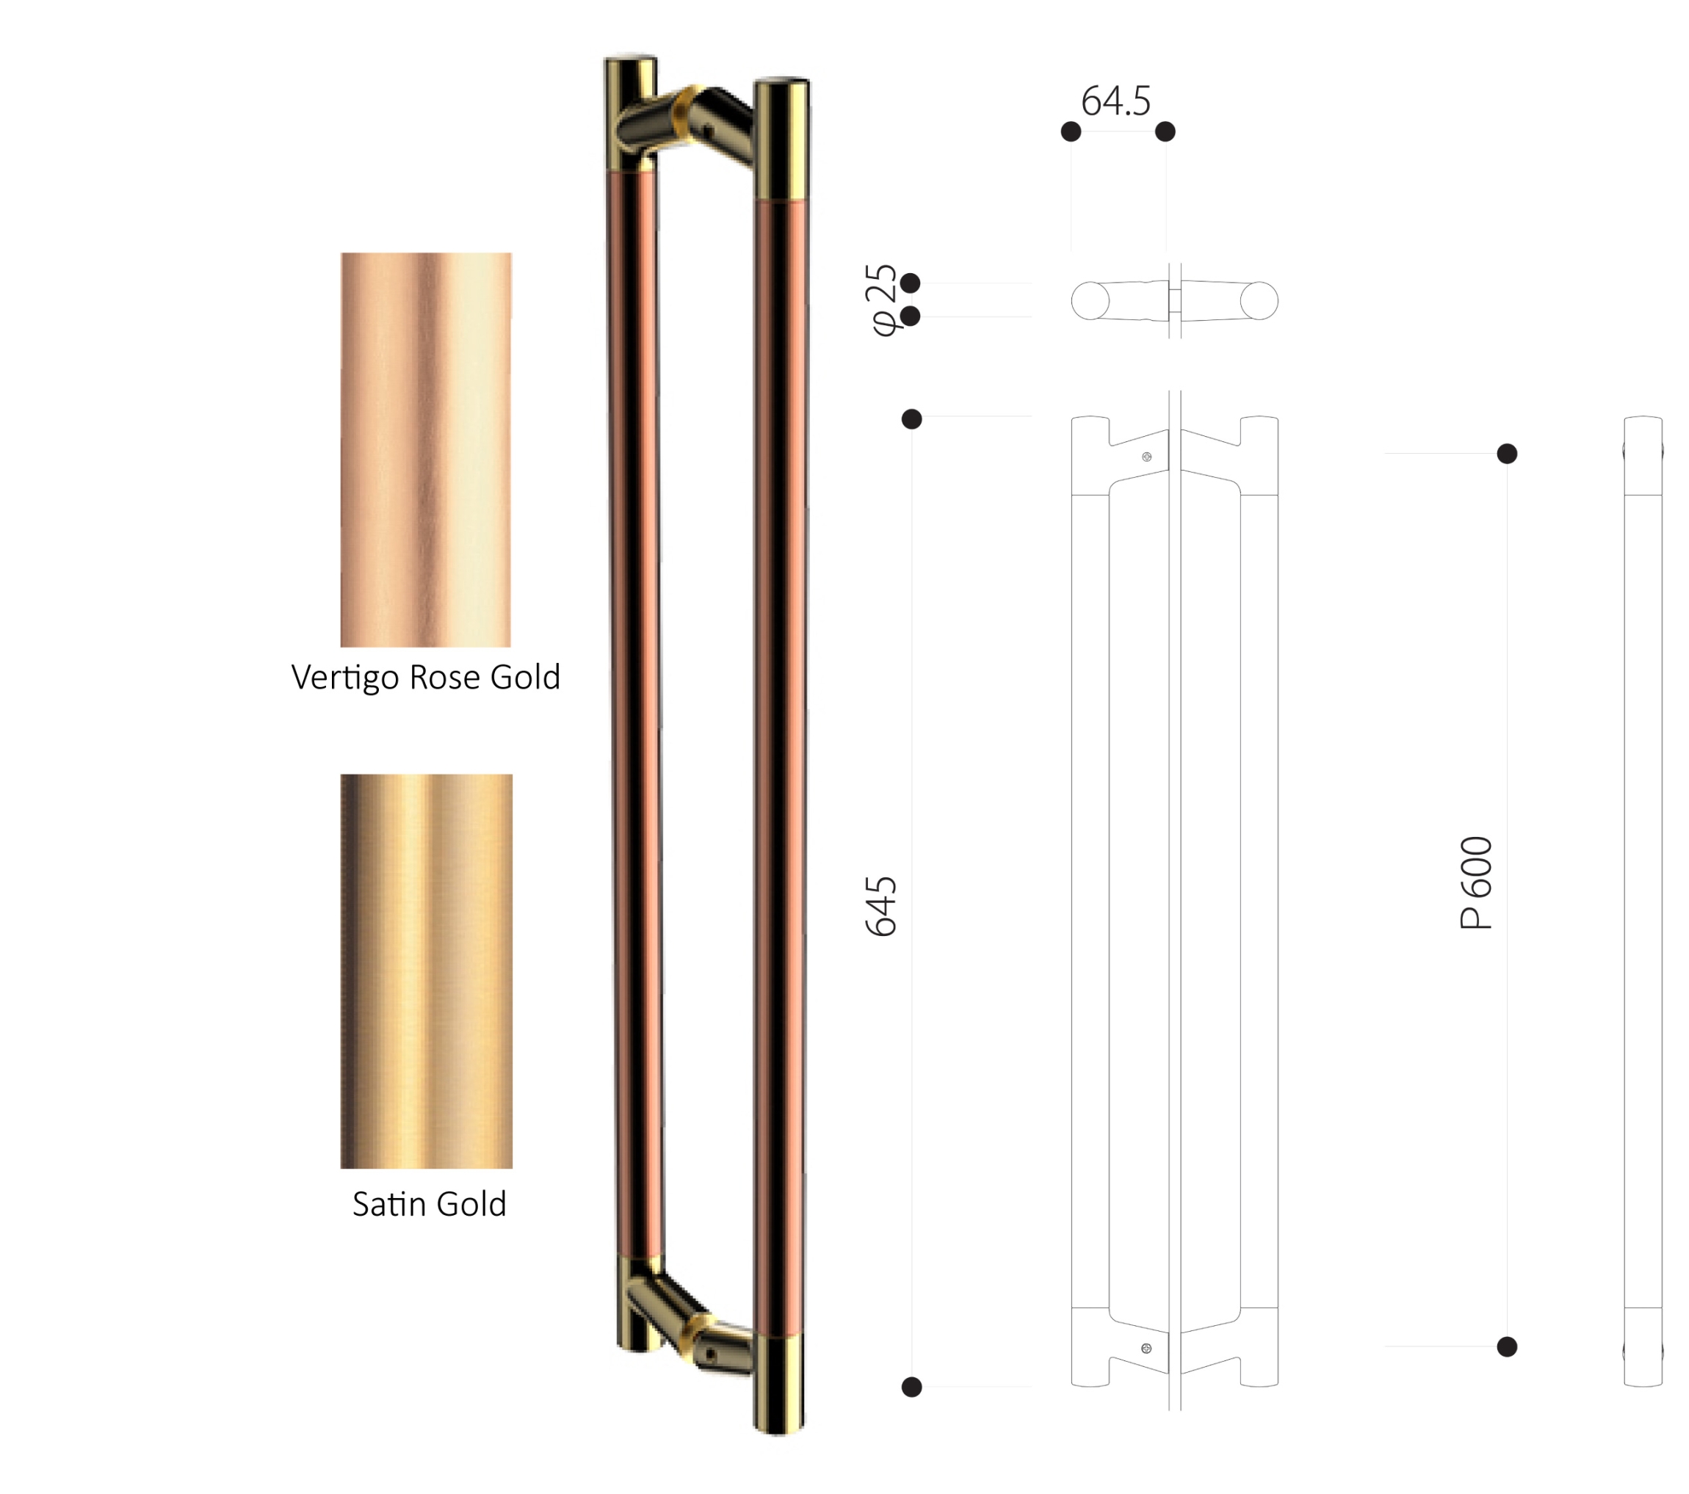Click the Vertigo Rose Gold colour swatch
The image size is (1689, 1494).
coord(426,449)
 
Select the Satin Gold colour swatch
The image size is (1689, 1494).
coord(427,971)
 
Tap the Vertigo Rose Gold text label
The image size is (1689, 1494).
coord(426,678)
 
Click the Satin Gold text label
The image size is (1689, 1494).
coord(429,1204)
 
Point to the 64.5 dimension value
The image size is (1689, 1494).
coord(1115,101)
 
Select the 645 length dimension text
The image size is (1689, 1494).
coord(881,906)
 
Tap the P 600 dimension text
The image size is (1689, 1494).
coord(1476,882)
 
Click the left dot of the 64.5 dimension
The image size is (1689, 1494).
coord(1071,131)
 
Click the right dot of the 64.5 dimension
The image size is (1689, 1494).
coord(1165,131)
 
